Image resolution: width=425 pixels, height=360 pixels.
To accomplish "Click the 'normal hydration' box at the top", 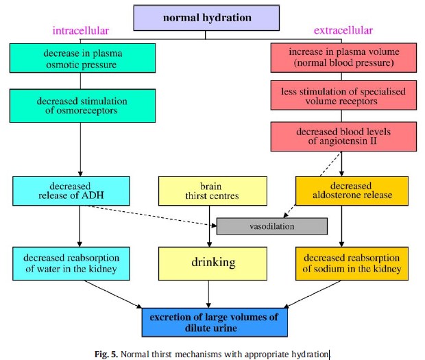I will [208, 16].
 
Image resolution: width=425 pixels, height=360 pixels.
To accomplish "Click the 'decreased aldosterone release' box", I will [350, 190].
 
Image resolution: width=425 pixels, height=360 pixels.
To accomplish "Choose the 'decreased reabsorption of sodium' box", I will [350, 263].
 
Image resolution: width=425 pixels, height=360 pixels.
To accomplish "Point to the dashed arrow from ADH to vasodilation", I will [151, 215].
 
